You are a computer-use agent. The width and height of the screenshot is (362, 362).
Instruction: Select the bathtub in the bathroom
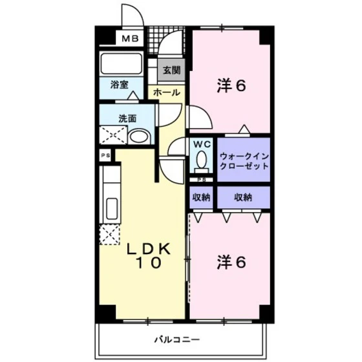coord(121,63)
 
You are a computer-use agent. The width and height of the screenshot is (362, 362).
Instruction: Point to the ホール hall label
coord(167,93)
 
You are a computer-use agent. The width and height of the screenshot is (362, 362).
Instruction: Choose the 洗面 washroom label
coord(127,118)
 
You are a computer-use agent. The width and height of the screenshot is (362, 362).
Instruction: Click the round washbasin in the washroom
coord(138,136)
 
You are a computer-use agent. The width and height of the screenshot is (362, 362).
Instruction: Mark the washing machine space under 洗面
coord(111,136)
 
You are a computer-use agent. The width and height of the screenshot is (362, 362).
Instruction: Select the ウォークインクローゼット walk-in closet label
coord(243,160)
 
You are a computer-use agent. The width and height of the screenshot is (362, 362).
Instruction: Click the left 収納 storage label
coord(200,197)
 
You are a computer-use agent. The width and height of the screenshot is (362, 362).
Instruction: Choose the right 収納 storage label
coord(243,197)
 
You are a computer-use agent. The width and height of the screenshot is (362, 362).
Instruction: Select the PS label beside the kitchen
coord(104,156)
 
